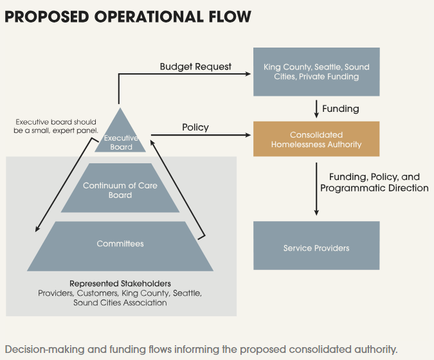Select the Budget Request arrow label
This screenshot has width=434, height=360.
pos(195,66)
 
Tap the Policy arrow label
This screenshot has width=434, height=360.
pos(195,127)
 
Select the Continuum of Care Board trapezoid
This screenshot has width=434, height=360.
pos(120,190)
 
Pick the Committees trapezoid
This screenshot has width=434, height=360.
pos(120,244)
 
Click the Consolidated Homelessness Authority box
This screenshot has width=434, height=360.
pos(316,139)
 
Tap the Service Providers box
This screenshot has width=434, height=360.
pos(316,248)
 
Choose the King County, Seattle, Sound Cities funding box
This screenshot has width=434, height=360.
pos(316,72)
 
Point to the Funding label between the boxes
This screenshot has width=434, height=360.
pos(340,109)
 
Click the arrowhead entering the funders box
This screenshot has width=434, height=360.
pos(249,73)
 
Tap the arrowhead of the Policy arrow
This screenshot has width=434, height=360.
pos(249,135)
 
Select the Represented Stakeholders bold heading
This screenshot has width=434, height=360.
pos(120,283)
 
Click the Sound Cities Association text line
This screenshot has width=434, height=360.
pos(120,302)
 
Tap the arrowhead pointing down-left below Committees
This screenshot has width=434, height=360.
pos(37,230)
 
